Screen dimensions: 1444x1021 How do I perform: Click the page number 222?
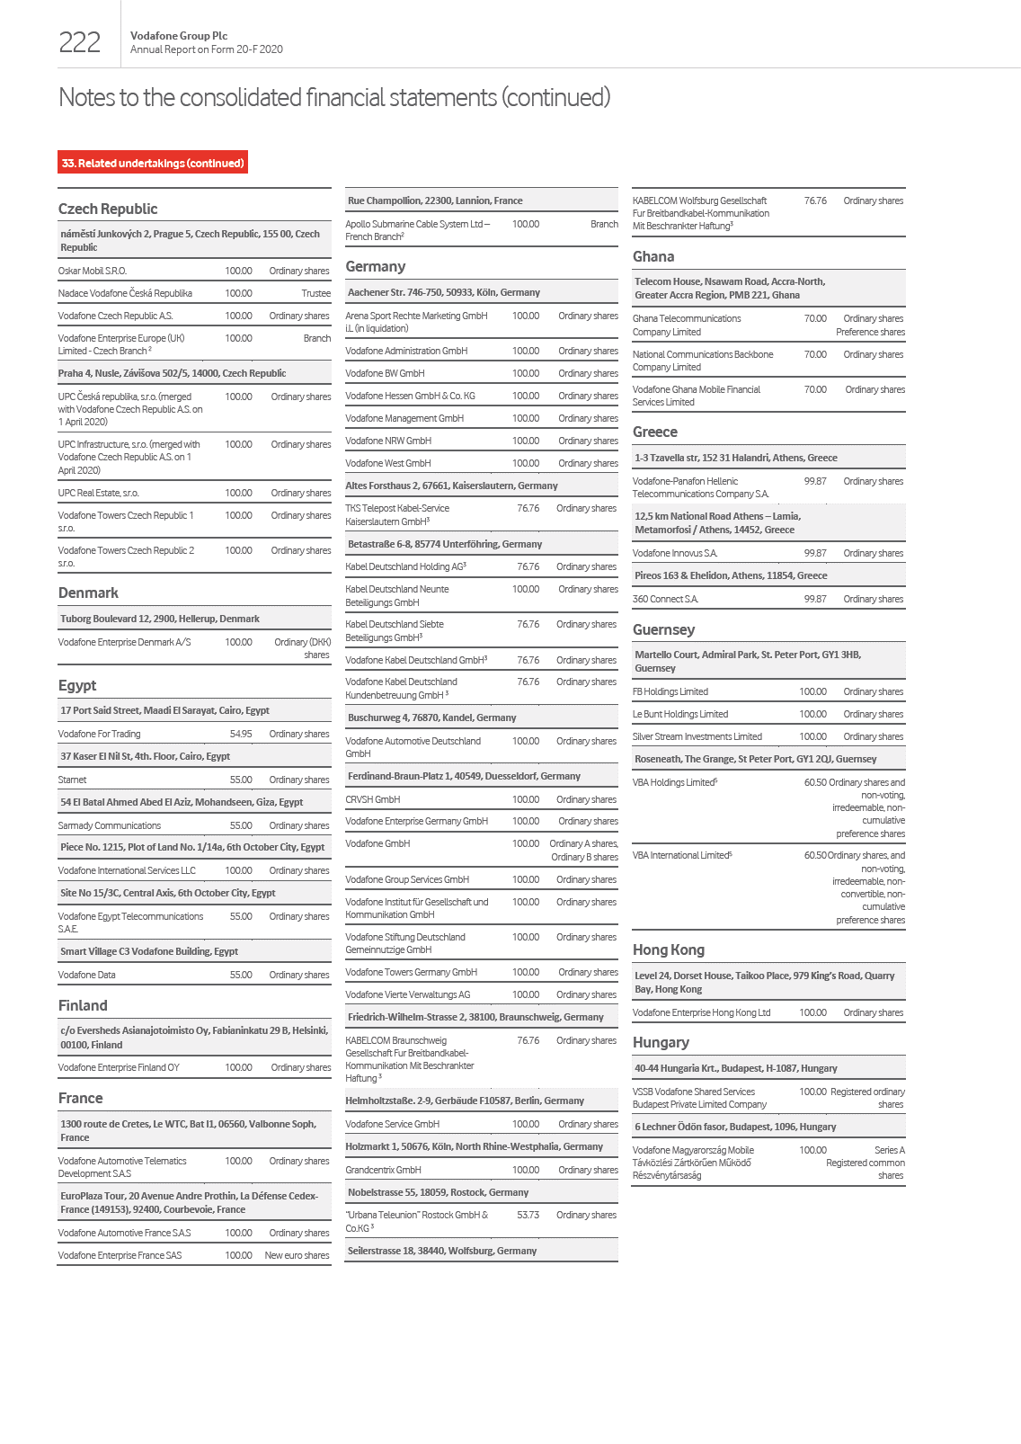pos(79,42)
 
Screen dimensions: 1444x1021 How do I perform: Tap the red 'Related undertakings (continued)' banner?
pos(153,163)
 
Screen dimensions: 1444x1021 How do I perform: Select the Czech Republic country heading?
pos(108,209)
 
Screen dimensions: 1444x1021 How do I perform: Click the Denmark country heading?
pos(88,593)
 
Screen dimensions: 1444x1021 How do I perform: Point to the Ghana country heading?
pos(653,256)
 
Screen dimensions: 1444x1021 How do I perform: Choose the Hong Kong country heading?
pos(669,949)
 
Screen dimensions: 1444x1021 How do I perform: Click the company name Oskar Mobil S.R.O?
pos(93,271)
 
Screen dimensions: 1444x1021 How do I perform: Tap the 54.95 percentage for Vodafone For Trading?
pos(241,734)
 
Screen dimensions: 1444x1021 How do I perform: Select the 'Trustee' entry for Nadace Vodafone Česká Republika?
pos(315,293)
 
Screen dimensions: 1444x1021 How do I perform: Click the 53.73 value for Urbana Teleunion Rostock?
pos(528,1215)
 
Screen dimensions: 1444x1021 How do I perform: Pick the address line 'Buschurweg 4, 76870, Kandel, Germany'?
pos(432,718)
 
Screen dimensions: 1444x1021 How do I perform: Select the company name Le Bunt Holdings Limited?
pos(680,714)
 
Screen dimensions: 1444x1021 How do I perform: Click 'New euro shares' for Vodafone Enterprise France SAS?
pos(297,1255)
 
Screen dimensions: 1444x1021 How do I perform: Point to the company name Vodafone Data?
pos(87,975)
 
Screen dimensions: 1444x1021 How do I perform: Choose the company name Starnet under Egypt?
pos(73,780)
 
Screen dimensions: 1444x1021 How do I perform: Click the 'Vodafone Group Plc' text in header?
pos(179,36)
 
